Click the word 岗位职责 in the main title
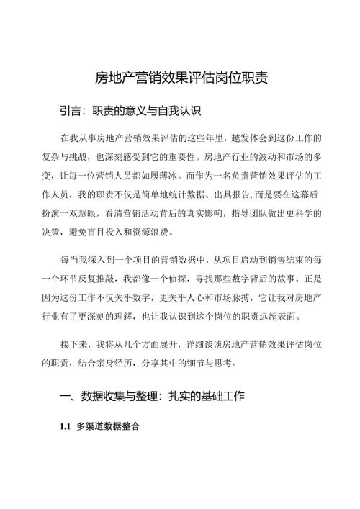(x=243, y=78)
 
